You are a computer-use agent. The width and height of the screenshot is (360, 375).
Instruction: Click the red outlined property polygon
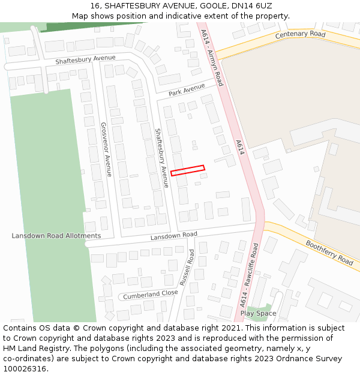tap(188, 170)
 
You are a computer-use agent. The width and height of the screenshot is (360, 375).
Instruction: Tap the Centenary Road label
tap(300, 35)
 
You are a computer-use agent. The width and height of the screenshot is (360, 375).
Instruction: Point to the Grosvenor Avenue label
tap(106, 149)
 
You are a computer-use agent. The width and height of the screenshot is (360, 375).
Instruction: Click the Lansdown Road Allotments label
tap(56, 236)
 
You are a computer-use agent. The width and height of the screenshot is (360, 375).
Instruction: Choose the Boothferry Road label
tap(329, 253)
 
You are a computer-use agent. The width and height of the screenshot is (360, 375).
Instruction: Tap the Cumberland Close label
tap(151, 295)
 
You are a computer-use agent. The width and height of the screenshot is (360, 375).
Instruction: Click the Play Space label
tap(258, 313)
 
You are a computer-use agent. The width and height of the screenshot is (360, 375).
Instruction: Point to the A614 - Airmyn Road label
tap(212, 56)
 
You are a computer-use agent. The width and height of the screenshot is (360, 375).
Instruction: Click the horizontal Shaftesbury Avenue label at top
tap(85, 59)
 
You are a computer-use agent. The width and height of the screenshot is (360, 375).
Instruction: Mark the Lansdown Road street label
tap(173, 236)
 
